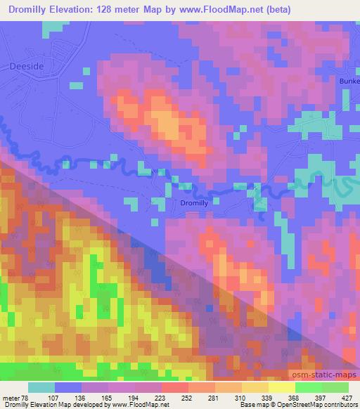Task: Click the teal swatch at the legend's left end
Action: [41, 388]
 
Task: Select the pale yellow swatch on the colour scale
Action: [281, 388]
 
